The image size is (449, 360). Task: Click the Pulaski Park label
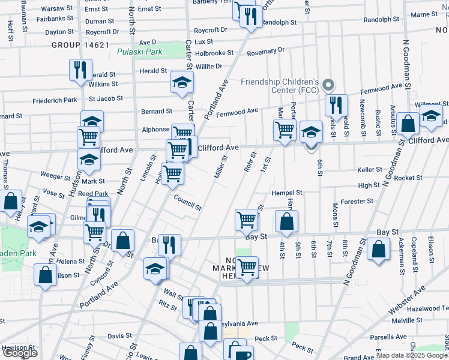coord(140,52)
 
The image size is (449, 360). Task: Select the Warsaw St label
coord(59,9)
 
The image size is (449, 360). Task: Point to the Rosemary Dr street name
coord(265,52)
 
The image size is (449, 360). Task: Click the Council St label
coord(187,202)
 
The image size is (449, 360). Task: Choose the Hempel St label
coord(286,193)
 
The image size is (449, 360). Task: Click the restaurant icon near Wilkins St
coord(80,70)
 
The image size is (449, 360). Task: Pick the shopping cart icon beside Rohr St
coord(247,220)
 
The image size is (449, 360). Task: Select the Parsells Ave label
coord(406,337)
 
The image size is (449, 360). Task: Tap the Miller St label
coord(220,167)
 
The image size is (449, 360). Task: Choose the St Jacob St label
coord(106,98)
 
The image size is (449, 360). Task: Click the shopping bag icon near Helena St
coord(46,275)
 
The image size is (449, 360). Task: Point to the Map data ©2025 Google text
coord(411,355)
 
